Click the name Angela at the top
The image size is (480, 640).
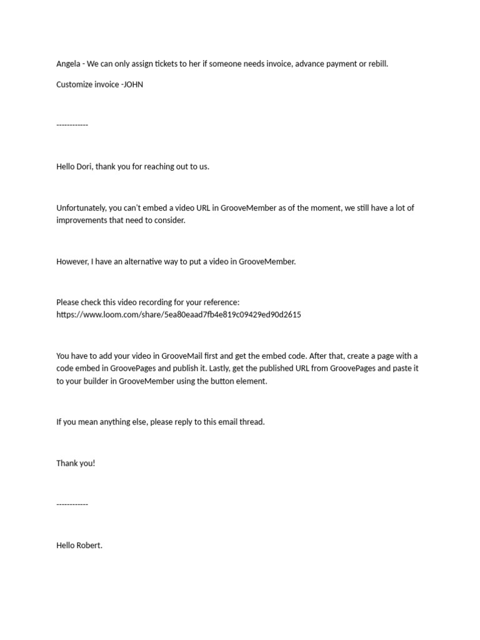[x=68, y=64]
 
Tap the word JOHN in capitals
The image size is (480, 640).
[x=133, y=84]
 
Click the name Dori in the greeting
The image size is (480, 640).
[x=84, y=167]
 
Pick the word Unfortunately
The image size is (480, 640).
[x=82, y=208]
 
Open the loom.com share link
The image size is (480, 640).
[x=179, y=315]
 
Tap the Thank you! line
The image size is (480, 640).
[x=76, y=463]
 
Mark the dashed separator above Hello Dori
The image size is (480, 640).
[x=72, y=125]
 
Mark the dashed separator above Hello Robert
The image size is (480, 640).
[x=72, y=504]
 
